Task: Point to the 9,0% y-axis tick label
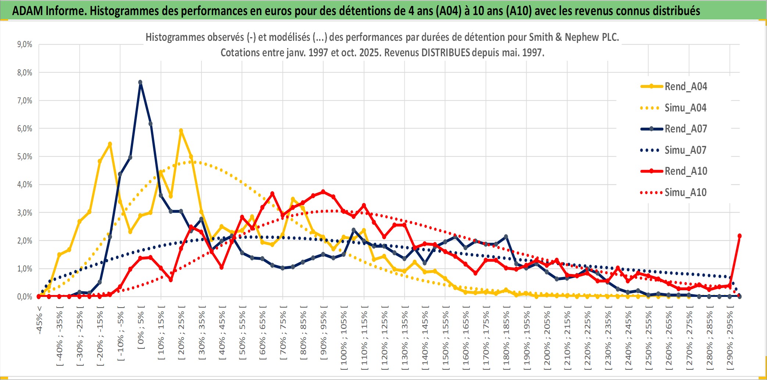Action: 25,45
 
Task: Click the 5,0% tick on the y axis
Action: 25,157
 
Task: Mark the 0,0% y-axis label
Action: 25,297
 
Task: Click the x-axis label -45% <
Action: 39,320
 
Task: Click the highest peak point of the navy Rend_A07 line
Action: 140,82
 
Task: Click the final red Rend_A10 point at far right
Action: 739,236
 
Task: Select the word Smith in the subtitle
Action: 541,37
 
